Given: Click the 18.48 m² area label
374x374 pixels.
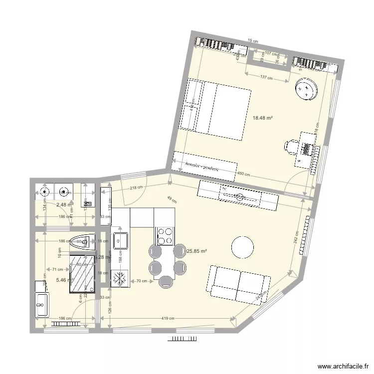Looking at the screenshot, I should pos(263,118).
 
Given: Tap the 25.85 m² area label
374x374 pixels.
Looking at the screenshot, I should pos(196,252).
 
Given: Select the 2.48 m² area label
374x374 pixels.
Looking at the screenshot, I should pos(64,204).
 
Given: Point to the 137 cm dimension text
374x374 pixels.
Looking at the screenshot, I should pos(267,78).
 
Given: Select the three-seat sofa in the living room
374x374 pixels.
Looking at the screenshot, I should pos(238,284).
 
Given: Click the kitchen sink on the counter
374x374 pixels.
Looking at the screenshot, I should pos(120,240).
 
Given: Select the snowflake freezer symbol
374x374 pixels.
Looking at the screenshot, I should pos(120,279).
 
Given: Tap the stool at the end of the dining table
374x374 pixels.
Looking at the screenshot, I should pos(166,282).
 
